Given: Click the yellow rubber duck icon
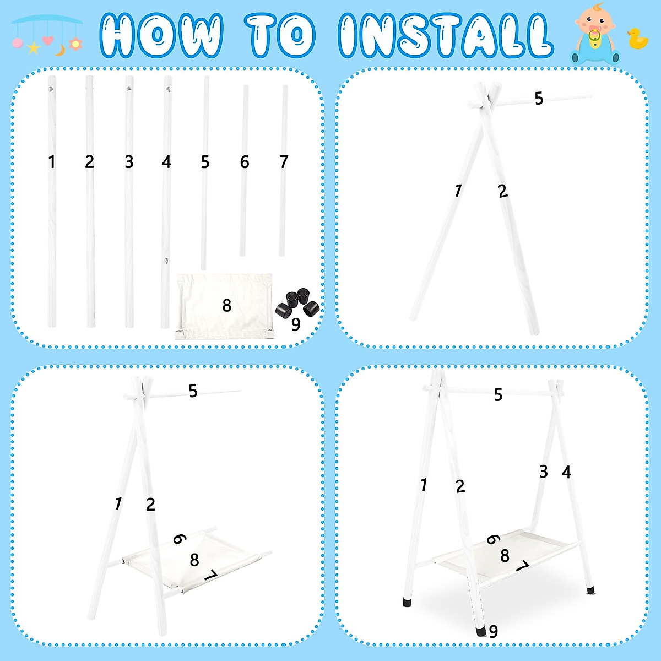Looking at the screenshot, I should click(x=638, y=40).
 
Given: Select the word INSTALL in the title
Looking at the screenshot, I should click(x=444, y=35).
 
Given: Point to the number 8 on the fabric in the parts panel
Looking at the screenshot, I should click(x=226, y=305).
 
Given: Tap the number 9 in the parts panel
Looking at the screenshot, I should click(x=296, y=325).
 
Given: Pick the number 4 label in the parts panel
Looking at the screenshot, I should click(x=166, y=162).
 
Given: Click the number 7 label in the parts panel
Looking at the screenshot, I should click(x=284, y=162).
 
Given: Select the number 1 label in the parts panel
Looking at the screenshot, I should click(x=52, y=162).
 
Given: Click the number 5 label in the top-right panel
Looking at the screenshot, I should click(x=539, y=99).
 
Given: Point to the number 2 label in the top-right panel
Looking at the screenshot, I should click(x=502, y=191).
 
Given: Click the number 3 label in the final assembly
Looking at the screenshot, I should click(x=544, y=472).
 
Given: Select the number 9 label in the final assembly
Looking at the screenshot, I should click(x=494, y=631).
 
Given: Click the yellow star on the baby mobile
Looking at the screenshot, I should click(x=34, y=48).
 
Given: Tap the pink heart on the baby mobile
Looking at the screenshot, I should click(x=48, y=40).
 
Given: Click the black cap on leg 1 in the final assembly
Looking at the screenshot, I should click(x=408, y=602).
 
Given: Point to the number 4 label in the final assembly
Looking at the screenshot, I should click(x=566, y=472).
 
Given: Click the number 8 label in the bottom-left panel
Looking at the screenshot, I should click(x=194, y=560).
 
